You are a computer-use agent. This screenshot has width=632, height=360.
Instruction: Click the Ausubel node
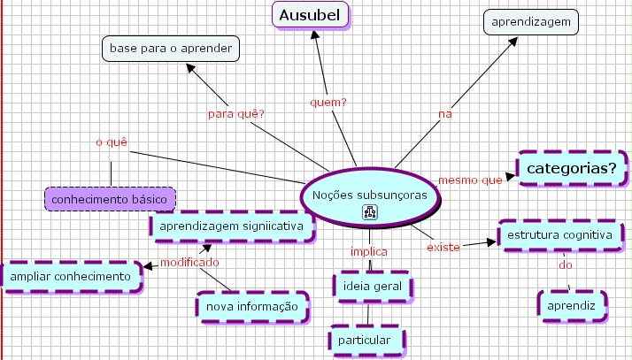coord(310,15)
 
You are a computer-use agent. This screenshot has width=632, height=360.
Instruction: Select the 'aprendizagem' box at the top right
coord(531,21)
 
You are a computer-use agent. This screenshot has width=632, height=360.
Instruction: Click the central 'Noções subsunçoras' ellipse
coord(369,194)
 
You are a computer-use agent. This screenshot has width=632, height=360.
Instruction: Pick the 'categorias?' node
coord(572,167)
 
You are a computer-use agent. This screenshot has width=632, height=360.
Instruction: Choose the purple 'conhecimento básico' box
coord(110,200)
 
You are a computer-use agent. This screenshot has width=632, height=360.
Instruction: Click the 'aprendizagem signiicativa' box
coord(232,226)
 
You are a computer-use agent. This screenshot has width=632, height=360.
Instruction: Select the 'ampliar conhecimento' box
coord(72,276)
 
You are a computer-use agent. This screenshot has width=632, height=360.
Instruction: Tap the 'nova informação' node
coord(253,306)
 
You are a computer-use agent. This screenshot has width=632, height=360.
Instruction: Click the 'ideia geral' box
coord(372,286)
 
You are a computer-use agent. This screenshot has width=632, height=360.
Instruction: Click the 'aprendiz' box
coord(572,304)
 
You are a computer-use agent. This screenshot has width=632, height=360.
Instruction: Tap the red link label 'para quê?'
coord(236,113)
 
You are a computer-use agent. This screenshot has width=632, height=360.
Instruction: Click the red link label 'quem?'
coord(328,102)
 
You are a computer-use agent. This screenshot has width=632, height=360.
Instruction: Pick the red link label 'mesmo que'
coord(470,180)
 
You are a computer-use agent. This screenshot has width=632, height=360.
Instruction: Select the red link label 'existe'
coord(443,247)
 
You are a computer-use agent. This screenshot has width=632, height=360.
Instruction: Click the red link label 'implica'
coord(368,250)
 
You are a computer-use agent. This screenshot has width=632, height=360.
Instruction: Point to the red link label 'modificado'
coord(189,262)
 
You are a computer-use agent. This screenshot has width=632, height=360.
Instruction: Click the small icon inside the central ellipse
coord(370,212)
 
